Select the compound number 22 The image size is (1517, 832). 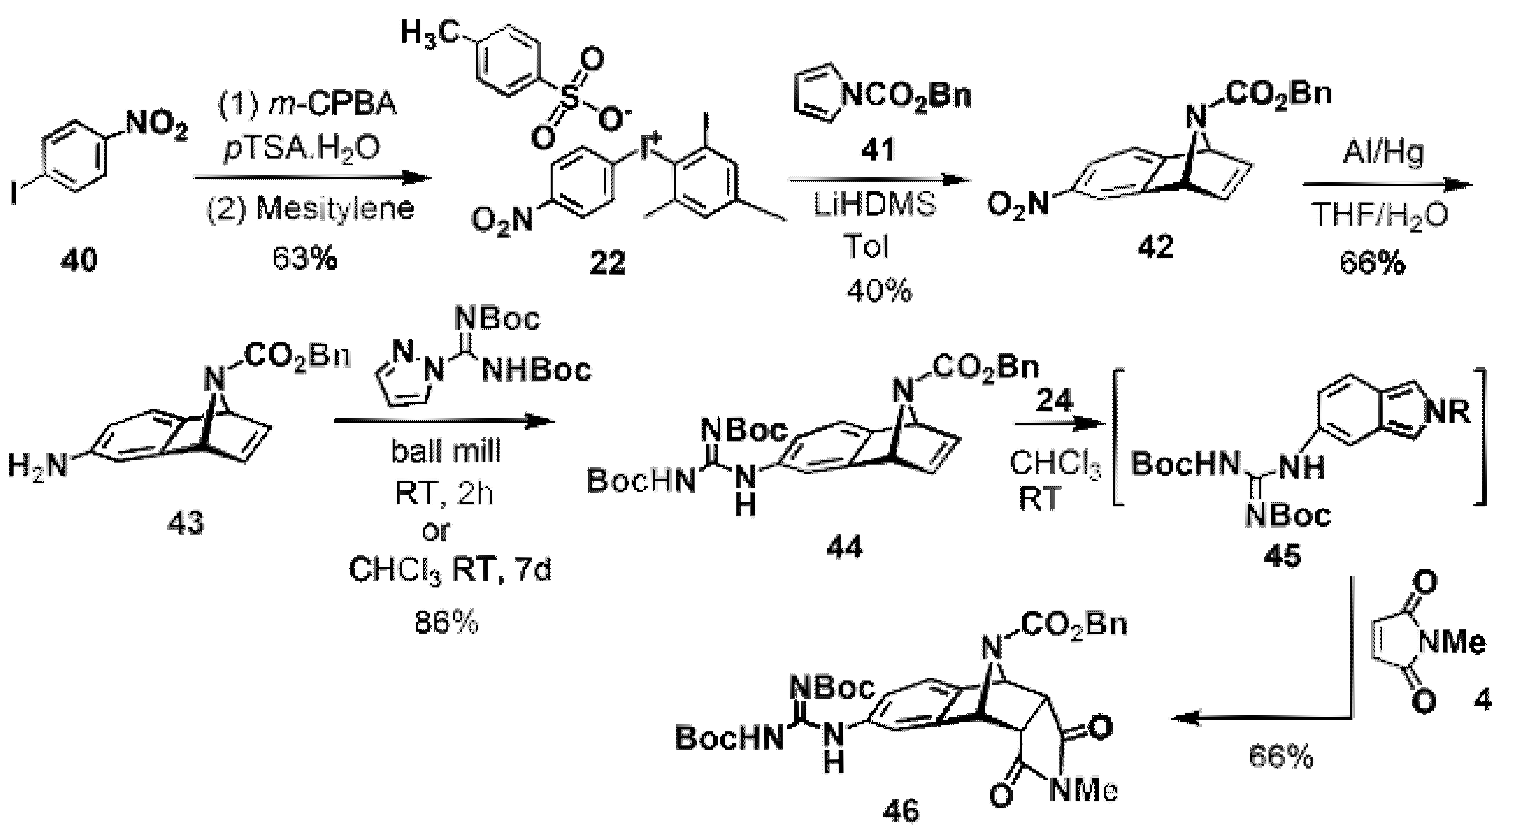(x=608, y=263)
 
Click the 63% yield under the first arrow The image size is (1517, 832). (x=305, y=259)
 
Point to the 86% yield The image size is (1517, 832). (x=446, y=624)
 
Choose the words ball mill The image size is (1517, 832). (x=446, y=451)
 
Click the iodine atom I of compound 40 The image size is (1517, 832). (x=14, y=194)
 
